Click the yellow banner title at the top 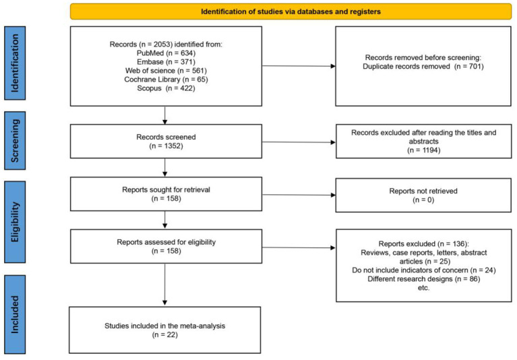(291, 12)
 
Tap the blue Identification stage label (15, 63)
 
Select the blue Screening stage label (15, 140)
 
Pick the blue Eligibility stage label (15, 222)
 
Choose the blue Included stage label (15, 315)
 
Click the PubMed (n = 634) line (166, 53)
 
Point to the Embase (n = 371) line (166, 62)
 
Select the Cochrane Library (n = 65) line (166, 80)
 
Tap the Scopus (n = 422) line (166, 88)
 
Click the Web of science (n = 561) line (166, 71)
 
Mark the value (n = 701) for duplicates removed (469, 66)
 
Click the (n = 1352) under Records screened (166, 146)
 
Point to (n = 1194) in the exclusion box (424, 150)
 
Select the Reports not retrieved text (423, 191)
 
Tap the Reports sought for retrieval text (166, 189)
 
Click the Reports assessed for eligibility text (166, 242)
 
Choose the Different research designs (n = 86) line (424, 279)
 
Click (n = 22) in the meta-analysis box (165, 334)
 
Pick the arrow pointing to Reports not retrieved (299, 195)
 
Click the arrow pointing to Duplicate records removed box (299, 66)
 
